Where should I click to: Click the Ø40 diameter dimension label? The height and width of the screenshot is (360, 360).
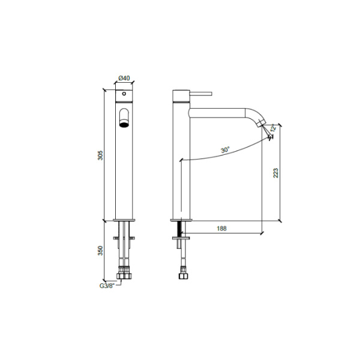125,78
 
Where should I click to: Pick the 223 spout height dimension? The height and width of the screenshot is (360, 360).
276,173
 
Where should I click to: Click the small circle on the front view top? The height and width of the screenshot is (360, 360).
124,94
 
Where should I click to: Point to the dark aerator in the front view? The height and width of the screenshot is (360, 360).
124,125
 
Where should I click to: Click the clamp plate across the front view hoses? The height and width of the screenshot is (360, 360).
124,239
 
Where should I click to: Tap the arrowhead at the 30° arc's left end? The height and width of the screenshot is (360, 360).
180,161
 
